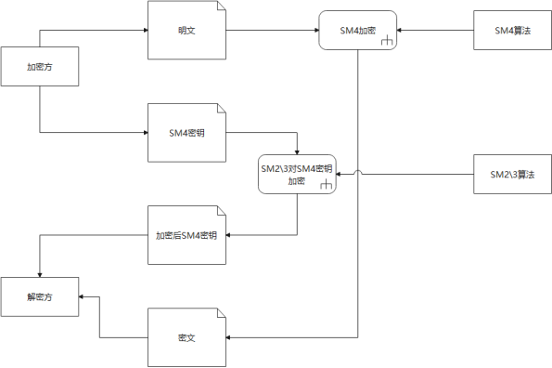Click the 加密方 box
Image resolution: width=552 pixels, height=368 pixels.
tap(39, 67)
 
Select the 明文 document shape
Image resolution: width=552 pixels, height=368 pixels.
tap(186, 31)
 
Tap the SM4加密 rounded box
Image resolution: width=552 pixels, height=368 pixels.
tap(358, 31)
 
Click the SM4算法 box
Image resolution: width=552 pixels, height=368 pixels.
tap(512, 31)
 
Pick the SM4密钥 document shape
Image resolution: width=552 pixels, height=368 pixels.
tap(186, 133)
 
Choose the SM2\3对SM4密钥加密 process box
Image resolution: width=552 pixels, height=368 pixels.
tap(297, 174)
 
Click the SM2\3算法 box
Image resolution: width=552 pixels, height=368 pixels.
tap(512, 174)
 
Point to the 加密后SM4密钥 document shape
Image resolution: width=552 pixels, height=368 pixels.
tap(186, 235)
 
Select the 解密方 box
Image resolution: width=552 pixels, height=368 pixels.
tap(39, 296)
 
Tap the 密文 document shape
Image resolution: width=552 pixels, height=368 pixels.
tap(186, 337)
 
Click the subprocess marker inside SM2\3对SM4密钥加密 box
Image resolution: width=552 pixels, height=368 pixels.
tap(325, 187)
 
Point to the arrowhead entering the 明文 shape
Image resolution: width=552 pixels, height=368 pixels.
tap(145, 31)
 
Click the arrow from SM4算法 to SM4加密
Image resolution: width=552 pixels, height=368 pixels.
tap(436, 31)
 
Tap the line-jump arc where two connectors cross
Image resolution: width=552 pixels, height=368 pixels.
tap(358, 172)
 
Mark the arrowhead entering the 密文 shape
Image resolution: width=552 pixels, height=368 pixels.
tap(229, 337)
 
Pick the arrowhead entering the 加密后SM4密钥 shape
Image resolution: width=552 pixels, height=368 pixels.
tap(229, 235)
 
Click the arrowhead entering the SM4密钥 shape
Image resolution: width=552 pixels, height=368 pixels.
tap(297, 151)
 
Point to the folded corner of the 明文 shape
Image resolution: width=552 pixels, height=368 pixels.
tap(220, 7)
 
